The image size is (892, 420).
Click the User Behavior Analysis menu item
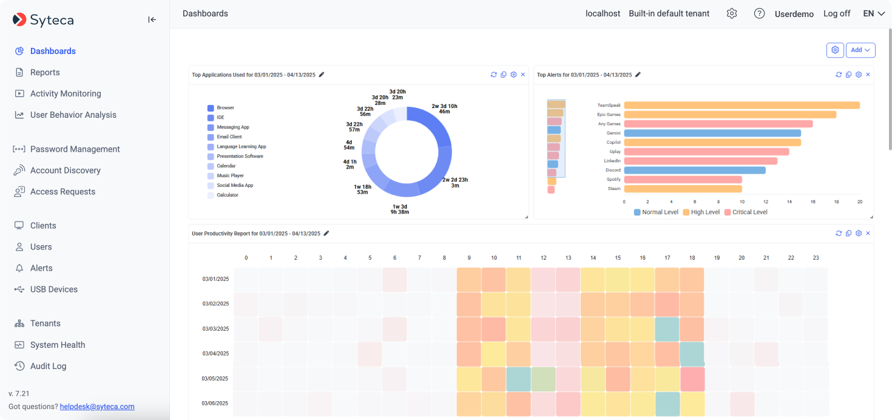(73, 115)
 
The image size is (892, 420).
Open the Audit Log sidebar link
(48, 366)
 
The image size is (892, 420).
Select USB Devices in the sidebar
(53, 290)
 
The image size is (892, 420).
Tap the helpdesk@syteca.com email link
(97, 407)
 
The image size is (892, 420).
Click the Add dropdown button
(860, 50)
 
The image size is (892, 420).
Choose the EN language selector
(874, 13)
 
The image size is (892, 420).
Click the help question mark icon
(759, 13)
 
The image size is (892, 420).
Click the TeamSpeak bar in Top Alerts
(742, 105)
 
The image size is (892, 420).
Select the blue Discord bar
(695, 171)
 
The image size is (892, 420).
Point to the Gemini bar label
(613, 133)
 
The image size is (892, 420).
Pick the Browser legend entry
(225, 108)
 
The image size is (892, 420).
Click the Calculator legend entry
(227, 195)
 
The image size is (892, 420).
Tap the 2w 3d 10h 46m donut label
(444, 109)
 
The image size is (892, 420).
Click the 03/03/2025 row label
(216, 329)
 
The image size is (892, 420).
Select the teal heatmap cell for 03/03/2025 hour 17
(667, 329)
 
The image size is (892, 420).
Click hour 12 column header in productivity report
(543, 258)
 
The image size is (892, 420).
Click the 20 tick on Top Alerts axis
(859, 202)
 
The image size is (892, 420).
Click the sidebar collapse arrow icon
(152, 19)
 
